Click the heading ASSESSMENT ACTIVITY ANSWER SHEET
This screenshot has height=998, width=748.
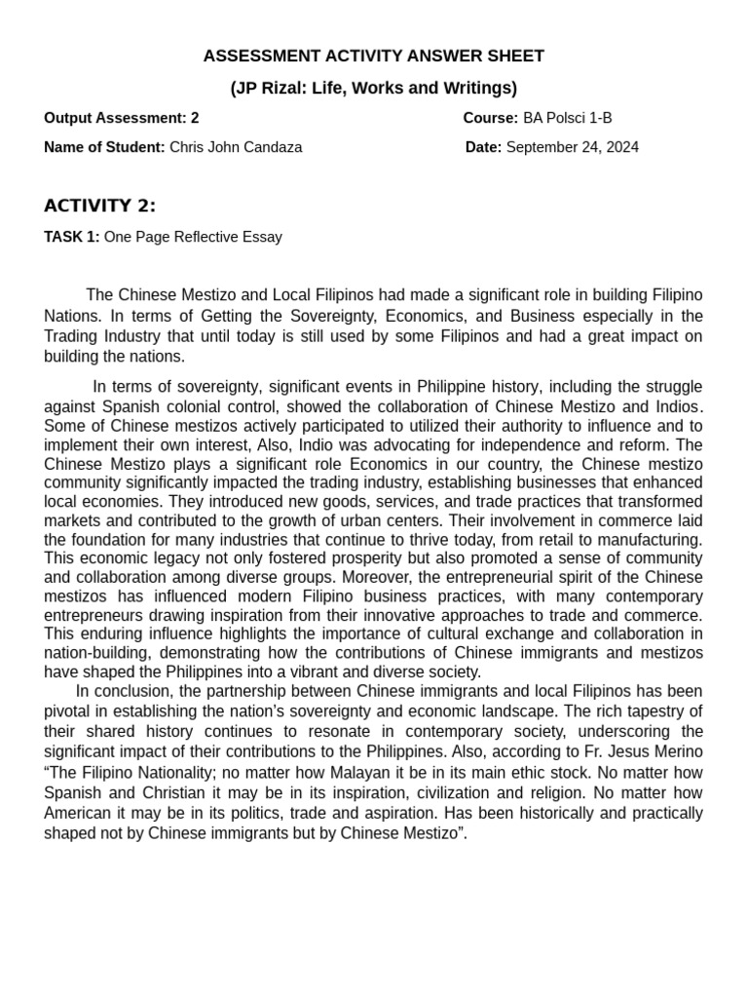point(373,57)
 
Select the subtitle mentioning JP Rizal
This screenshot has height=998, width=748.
point(373,88)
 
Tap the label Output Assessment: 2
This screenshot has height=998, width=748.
point(121,118)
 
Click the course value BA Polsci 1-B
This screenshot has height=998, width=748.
point(567,118)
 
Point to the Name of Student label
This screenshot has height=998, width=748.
point(104,147)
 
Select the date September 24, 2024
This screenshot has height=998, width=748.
point(573,147)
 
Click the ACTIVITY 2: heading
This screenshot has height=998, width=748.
point(99,206)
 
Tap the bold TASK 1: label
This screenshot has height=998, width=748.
point(71,237)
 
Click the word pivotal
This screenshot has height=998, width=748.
point(73,710)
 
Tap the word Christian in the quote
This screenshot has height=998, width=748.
point(190,792)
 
